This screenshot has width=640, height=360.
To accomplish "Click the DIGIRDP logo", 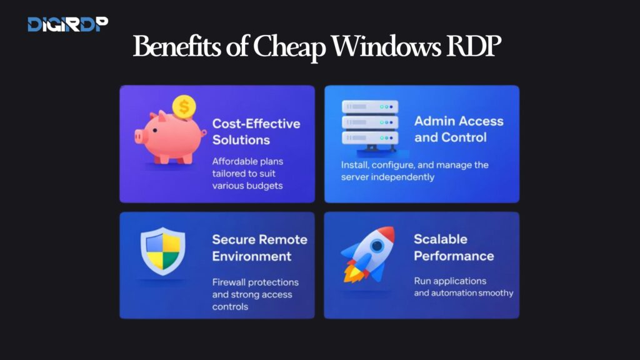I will [67, 24].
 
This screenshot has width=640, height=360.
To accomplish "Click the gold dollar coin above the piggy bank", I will [184, 107].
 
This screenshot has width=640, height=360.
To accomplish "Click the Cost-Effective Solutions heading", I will [256, 131].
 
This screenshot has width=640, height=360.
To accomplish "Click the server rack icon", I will [369, 124].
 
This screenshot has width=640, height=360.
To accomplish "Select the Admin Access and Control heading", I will [458, 129].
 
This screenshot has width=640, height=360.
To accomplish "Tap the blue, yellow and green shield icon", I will [162, 251].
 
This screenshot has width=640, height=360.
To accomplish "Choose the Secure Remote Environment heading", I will [259, 247].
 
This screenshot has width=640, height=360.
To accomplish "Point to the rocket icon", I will [368, 253].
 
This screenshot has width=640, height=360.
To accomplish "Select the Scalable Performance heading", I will [453, 247].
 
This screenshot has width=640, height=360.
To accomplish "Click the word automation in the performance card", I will [451, 293].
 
